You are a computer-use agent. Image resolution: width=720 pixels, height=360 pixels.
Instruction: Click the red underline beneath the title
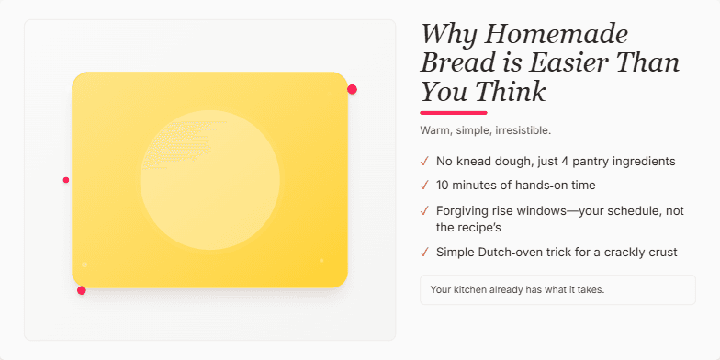click(454, 112)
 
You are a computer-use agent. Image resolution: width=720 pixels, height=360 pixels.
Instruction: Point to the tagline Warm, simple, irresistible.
click(485, 130)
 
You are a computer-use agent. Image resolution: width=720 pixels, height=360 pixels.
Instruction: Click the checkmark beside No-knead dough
click(424, 162)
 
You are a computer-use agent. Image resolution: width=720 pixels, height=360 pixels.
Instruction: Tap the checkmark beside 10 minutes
click(424, 185)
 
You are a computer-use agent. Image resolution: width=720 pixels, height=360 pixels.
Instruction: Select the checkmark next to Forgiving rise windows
click(424, 210)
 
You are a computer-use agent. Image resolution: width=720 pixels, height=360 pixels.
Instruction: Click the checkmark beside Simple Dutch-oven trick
click(424, 252)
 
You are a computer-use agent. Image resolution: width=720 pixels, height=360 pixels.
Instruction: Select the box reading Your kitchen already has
click(557, 289)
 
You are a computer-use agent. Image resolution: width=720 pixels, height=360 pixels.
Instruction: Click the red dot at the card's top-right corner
click(352, 89)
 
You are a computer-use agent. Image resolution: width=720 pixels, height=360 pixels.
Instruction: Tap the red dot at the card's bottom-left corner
click(82, 290)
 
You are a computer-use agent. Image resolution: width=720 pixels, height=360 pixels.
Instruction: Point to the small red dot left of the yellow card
click(66, 180)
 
